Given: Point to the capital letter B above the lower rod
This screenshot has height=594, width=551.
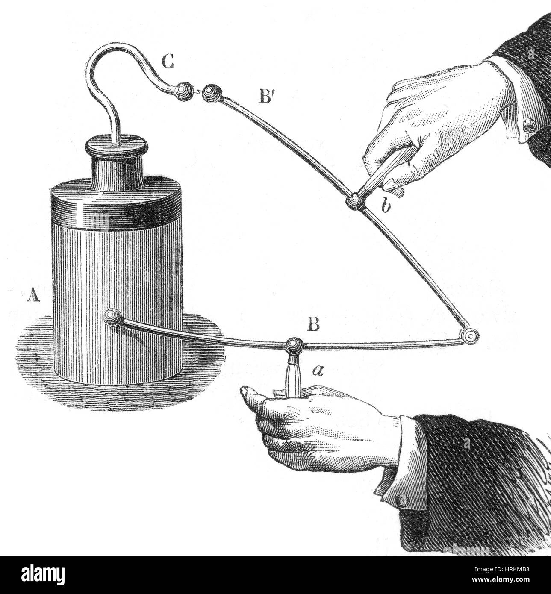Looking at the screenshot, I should [x=313, y=326].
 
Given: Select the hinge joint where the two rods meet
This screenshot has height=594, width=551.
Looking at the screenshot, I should [x=471, y=336].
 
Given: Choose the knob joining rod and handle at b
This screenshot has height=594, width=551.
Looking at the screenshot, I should [x=355, y=200].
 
